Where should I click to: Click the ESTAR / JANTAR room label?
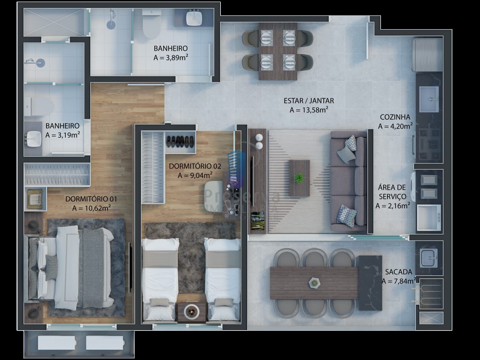tap(309, 101)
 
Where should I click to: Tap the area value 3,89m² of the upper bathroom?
tap(171, 58)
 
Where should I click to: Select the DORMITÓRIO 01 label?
tap(91, 199)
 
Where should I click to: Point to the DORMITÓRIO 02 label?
tap(195, 166)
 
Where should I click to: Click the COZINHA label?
tap(395, 117)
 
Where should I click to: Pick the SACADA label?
tap(399, 272)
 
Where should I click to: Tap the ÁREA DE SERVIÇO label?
tap(392, 192)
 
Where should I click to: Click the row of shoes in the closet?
tap(180, 142)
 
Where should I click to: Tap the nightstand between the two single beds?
tap(192, 312)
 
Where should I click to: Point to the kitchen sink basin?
tap(429, 99)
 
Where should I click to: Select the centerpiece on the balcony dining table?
tap(314, 283)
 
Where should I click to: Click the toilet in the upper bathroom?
tap(151, 24)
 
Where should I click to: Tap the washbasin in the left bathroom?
tap(34, 139)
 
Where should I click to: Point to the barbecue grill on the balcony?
tap(431, 294)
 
